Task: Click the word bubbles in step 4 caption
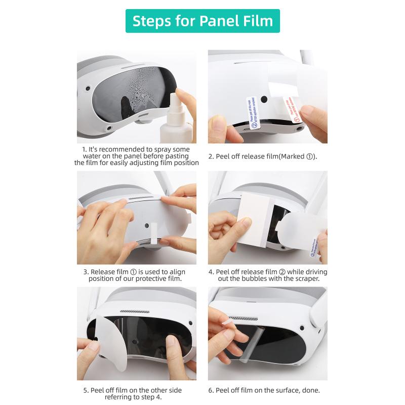click(x=246, y=279)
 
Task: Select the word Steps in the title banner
click(x=150, y=21)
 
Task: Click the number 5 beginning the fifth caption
click(x=85, y=390)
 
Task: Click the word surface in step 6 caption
click(x=287, y=390)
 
